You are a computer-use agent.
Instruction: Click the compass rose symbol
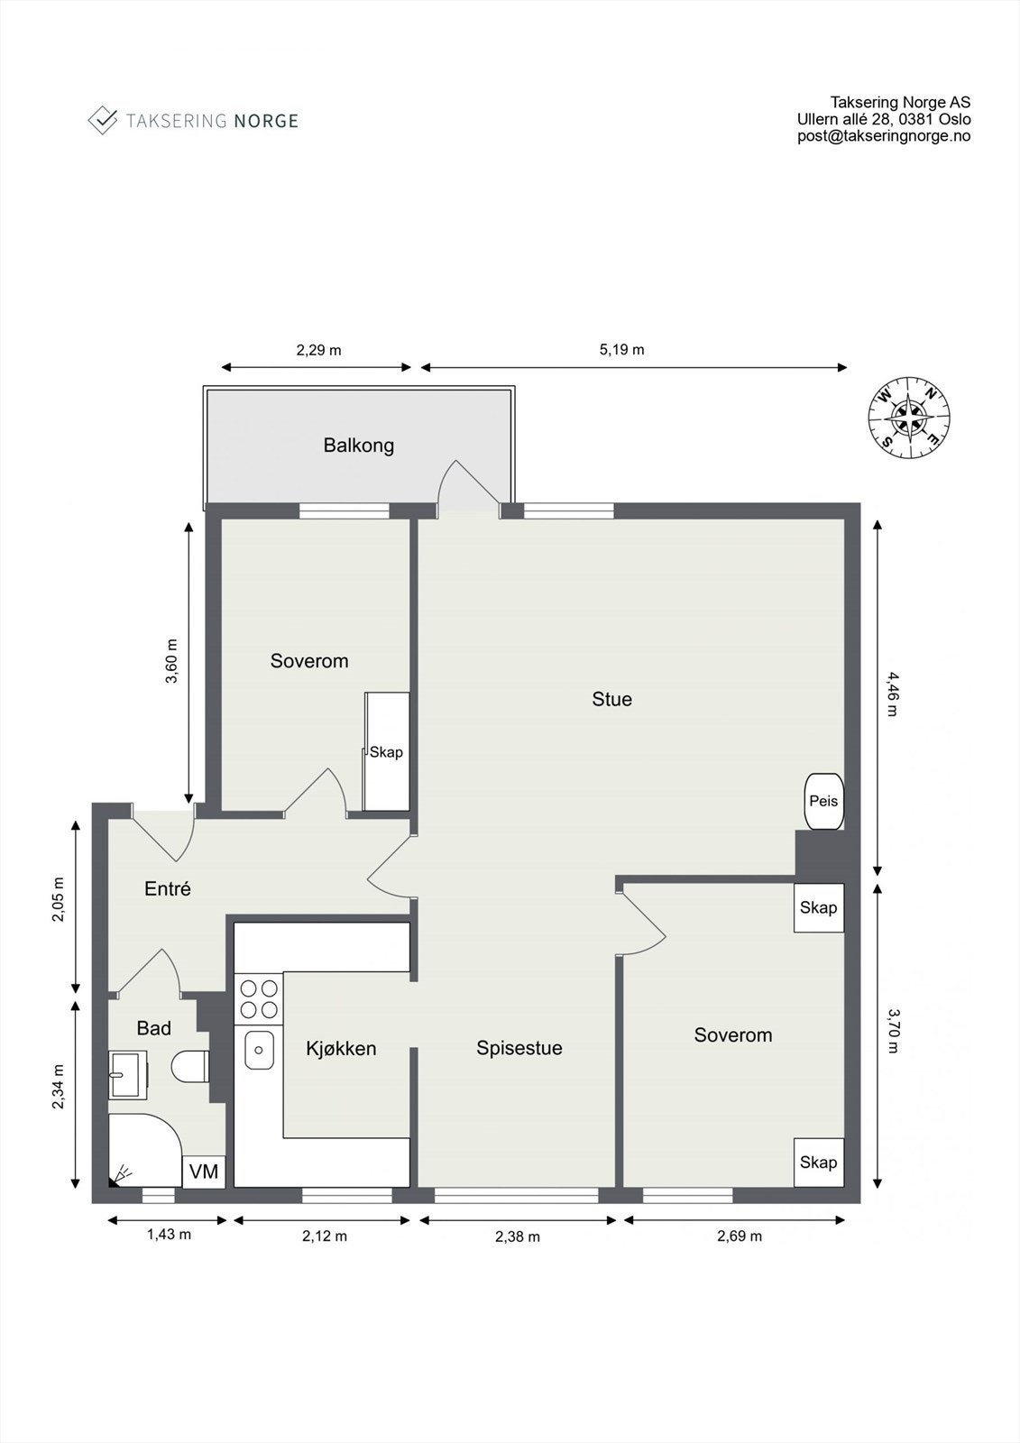(909, 416)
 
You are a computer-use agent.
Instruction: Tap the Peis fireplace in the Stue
(823, 801)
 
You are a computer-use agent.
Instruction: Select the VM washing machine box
(204, 1172)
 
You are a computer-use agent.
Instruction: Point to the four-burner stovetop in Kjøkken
(258, 998)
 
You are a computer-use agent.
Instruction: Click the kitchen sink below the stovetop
(259, 1050)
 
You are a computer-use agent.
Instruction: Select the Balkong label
(359, 446)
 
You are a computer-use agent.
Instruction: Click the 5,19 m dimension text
(621, 350)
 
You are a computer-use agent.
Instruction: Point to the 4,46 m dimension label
(893, 693)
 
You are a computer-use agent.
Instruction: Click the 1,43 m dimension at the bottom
(169, 1235)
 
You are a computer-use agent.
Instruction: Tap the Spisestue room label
(519, 1048)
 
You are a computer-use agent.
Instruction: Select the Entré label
(168, 889)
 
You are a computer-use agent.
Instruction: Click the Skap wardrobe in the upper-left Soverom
(387, 752)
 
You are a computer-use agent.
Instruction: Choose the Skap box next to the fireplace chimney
(818, 907)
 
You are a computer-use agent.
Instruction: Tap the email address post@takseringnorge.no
(884, 136)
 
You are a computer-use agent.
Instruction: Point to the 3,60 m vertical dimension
(171, 662)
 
